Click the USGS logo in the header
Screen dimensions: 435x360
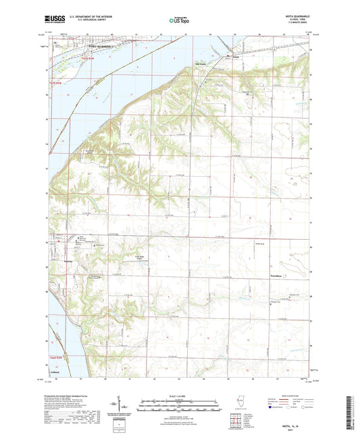[55, 20]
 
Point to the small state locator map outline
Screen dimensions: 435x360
[240, 404]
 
